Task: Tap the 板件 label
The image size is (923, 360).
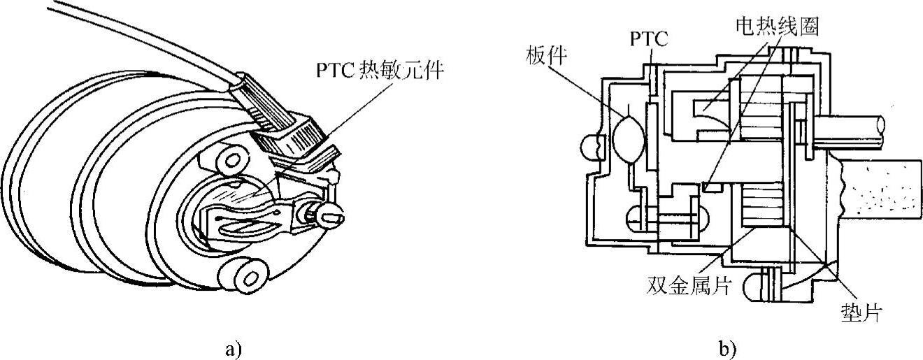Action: click(538, 71)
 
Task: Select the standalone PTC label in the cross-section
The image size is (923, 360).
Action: click(648, 40)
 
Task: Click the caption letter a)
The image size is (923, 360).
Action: click(233, 347)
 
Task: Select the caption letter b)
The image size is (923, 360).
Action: click(727, 347)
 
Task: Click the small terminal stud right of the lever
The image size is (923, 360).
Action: click(328, 215)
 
